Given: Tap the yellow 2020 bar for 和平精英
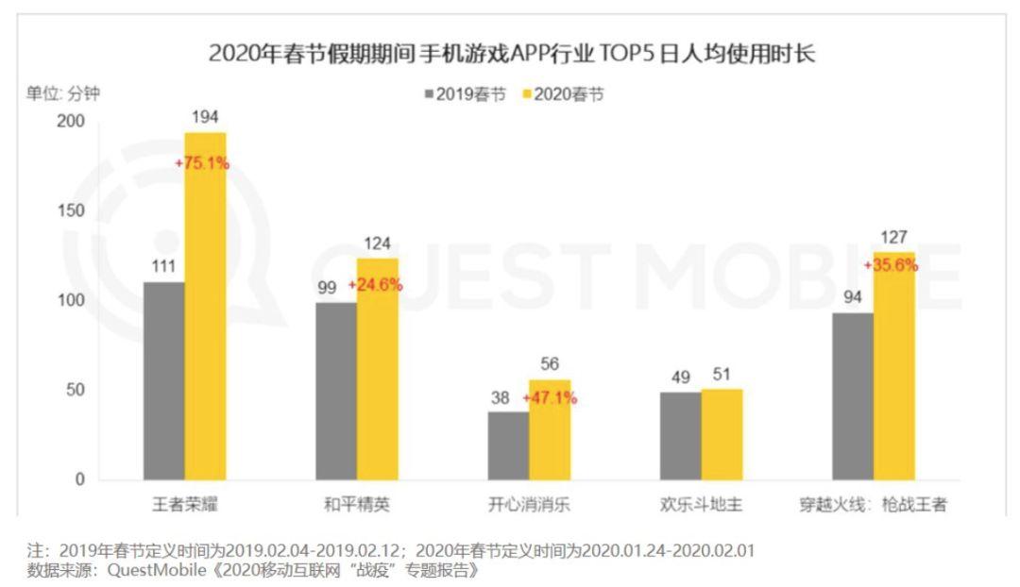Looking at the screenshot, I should pyautogui.click(x=377, y=369).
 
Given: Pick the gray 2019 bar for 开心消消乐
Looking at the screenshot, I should pyautogui.click(x=508, y=445).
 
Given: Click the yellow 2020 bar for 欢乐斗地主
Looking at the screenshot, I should pyautogui.click(x=722, y=434).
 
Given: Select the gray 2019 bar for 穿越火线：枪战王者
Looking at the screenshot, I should pyautogui.click(x=853, y=396).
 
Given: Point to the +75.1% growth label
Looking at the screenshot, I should pyautogui.click(x=202, y=162).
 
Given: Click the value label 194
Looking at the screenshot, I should pyautogui.click(x=205, y=116).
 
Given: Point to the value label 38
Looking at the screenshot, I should pyautogui.click(x=501, y=397).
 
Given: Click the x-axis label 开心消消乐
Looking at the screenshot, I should pyautogui.click(x=529, y=505).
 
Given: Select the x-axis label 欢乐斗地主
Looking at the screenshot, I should pyautogui.click(x=701, y=505).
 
